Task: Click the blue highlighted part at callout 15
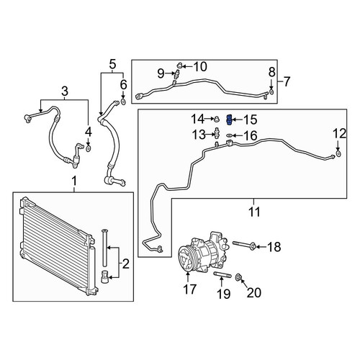tap(229, 120)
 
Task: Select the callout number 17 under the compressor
tap(189, 289)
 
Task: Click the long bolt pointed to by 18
tap(243, 245)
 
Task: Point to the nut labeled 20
tap(239, 277)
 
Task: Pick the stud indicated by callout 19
tap(222, 274)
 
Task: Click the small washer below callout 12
tap(338, 153)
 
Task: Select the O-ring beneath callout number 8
tap(271, 92)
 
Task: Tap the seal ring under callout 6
tap(123, 102)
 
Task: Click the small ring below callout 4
tap(89, 149)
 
